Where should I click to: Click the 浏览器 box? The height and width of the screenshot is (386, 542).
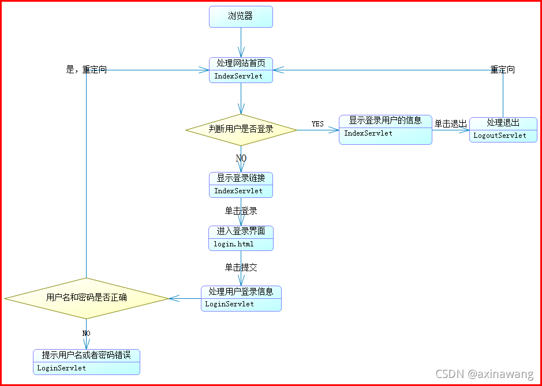pos(241,17)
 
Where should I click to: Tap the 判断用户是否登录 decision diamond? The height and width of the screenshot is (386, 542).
pos(241,129)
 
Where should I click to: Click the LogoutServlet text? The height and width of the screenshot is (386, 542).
pos(500,136)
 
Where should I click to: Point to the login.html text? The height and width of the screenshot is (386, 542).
pos(234,244)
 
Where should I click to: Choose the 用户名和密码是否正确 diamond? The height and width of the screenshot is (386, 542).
pos(87,298)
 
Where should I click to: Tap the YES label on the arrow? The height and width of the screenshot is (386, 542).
pos(317,124)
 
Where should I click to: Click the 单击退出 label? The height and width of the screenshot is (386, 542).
pos(451,124)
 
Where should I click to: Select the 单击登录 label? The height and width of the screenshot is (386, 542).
pos(241,211)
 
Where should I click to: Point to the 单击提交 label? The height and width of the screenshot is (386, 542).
pos(241,268)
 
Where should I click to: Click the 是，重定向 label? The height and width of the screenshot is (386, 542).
pos(87,70)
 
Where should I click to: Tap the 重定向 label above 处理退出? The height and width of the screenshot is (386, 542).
pos(503,70)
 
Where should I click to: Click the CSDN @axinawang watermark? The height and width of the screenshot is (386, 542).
pos(484,374)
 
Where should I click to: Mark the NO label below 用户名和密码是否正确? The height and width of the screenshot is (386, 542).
pos(87,333)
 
